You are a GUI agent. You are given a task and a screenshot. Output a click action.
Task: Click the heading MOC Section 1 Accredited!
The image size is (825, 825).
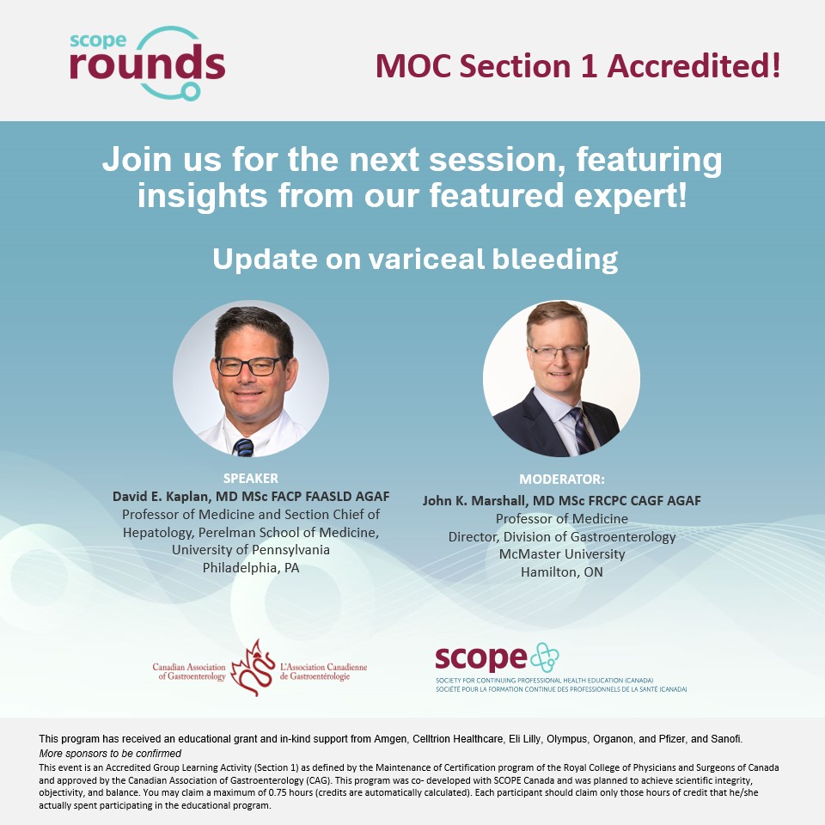(x=577, y=66)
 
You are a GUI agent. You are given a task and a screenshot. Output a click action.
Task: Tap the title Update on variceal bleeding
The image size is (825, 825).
(x=415, y=259)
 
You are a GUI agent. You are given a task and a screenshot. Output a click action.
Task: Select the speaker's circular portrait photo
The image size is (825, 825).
(x=250, y=378)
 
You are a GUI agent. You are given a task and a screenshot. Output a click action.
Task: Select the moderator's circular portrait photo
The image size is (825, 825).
(x=561, y=378)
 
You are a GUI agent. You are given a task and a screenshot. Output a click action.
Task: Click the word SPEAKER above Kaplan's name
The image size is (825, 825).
(x=251, y=479)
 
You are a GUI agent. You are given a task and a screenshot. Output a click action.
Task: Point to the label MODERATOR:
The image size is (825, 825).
(x=562, y=479)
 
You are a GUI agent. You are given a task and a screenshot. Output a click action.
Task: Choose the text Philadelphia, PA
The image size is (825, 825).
(x=251, y=567)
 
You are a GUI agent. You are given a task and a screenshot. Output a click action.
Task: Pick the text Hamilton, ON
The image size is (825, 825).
(x=562, y=571)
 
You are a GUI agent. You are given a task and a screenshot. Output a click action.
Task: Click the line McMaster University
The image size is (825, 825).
(x=562, y=554)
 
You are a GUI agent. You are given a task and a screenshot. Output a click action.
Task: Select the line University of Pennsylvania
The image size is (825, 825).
(x=251, y=550)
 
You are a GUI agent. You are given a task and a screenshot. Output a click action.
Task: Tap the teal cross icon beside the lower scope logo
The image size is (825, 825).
(x=543, y=657)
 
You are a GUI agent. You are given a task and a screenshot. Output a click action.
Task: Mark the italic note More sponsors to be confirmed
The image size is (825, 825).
(x=110, y=753)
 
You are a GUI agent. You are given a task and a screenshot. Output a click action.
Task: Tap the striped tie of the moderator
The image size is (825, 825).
(x=584, y=430)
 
